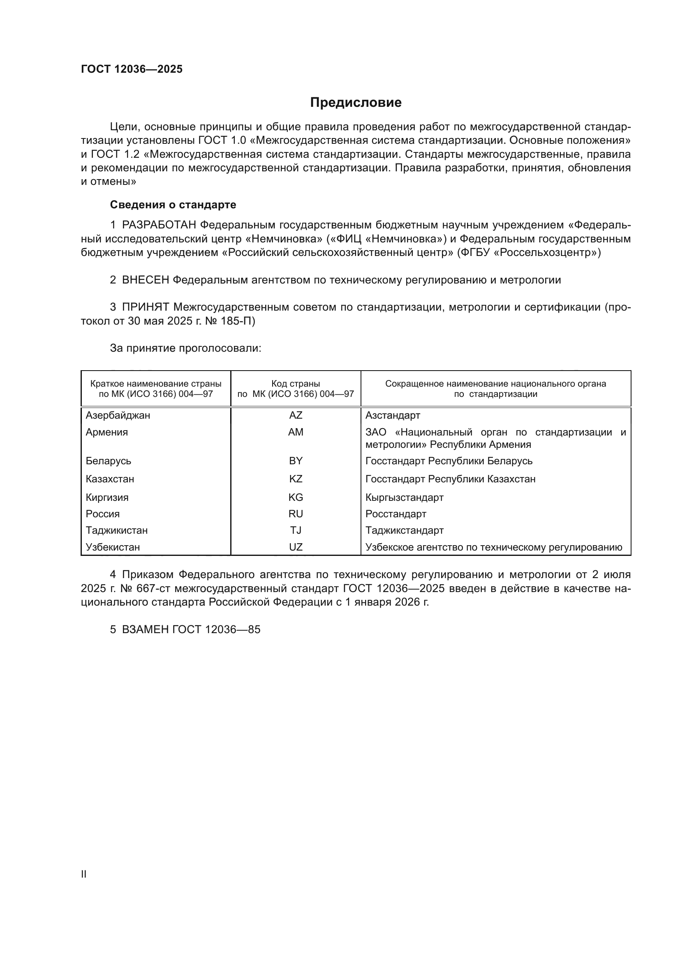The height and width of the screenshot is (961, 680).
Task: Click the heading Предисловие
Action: [356, 103]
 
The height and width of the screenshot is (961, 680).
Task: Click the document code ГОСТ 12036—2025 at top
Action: [132, 69]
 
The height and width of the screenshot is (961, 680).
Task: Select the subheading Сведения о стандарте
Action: [173, 205]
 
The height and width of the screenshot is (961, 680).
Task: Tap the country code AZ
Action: [295, 415]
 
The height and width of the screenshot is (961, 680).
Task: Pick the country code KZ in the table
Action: [295, 479]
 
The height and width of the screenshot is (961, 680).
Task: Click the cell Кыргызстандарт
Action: [404, 497]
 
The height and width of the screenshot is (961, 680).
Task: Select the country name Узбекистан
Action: [113, 547]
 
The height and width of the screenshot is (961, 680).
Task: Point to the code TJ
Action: [295, 530]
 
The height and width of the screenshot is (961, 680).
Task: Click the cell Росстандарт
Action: [396, 514]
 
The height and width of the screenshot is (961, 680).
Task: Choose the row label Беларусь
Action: [108, 461]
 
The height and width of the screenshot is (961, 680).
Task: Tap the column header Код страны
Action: [295, 384]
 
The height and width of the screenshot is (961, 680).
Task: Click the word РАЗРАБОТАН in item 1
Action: [159, 225]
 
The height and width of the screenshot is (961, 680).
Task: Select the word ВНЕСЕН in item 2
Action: [145, 280]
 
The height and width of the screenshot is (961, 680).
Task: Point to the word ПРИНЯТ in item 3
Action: [145, 307]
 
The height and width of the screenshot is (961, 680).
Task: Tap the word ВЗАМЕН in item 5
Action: [145, 629]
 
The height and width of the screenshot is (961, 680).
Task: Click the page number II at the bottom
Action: [84, 874]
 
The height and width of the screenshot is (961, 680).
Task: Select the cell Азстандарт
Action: [392, 415]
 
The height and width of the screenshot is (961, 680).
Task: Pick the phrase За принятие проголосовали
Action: [185, 348]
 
